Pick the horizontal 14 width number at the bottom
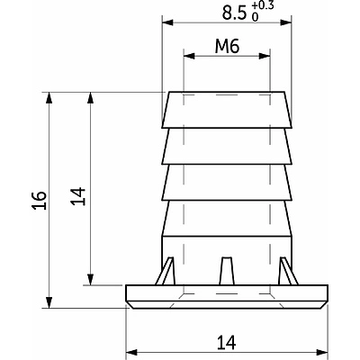click(226, 342)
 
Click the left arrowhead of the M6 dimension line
click(187, 57)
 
